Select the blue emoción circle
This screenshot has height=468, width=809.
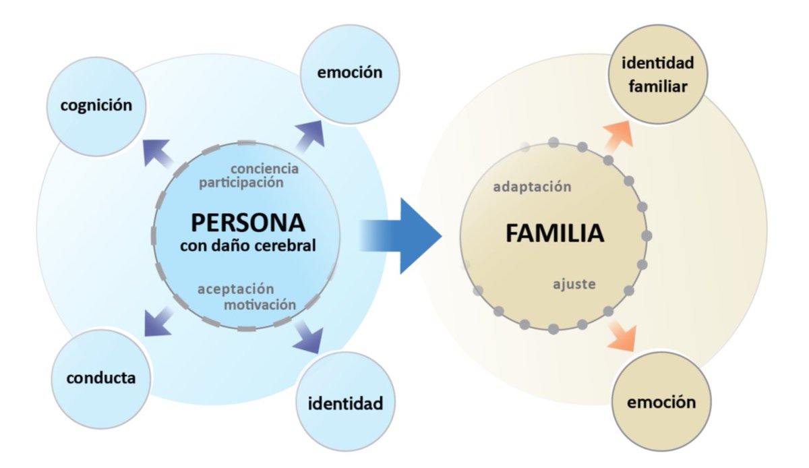pyautogui.click(x=349, y=73)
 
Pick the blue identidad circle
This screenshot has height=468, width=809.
pyautogui.click(x=345, y=403)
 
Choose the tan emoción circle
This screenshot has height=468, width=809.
pyautogui.click(x=661, y=403)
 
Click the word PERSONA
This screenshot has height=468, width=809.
pyautogui.click(x=247, y=223)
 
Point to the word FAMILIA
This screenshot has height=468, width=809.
pyautogui.click(x=554, y=233)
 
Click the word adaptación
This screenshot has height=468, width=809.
pyautogui.click(x=532, y=187)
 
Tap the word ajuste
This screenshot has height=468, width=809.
pyautogui.click(x=574, y=284)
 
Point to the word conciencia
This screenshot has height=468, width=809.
pyautogui.click(x=264, y=168)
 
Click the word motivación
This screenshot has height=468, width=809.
pyautogui.click(x=260, y=304)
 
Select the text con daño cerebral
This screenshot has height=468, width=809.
pyautogui.click(x=247, y=245)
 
